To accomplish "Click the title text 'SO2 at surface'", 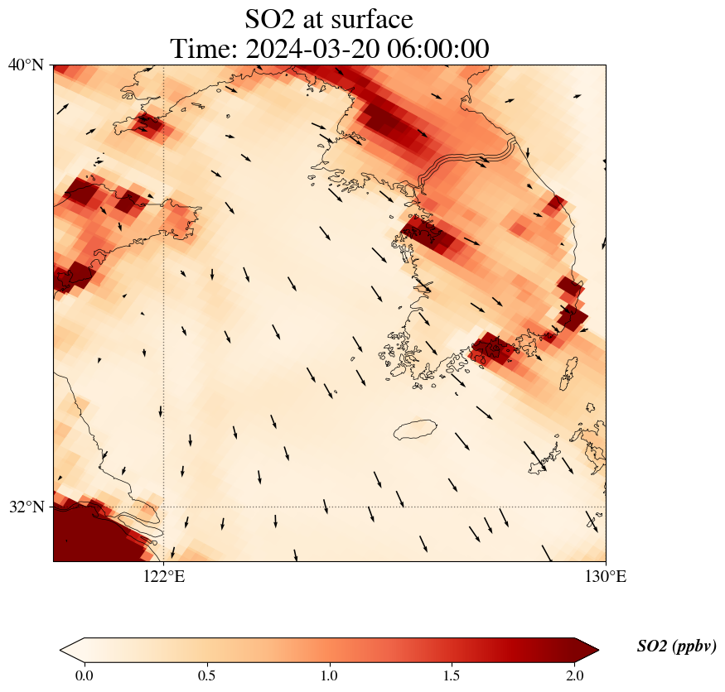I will [x=329, y=18].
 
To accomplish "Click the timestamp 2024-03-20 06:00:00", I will [x=370, y=49].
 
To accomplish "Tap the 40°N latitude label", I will [x=26, y=65].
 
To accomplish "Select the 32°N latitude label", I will [x=26, y=507].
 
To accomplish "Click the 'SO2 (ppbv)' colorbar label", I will [x=676, y=646].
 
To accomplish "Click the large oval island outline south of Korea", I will [x=415, y=430].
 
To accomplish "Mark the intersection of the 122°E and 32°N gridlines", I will [x=164, y=507].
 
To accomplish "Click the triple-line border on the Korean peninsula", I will [x=469, y=157].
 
